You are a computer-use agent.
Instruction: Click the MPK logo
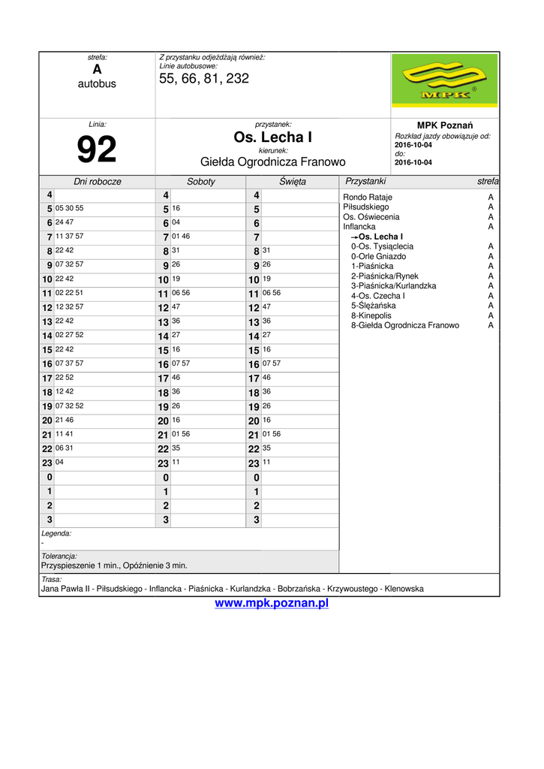[445, 81]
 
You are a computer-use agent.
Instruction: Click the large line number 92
[97, 149]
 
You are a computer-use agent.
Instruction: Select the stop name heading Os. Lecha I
[272, 137]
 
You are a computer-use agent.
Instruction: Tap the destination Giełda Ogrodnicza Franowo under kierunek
[272, 161]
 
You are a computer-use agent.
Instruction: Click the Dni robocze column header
[97, 182]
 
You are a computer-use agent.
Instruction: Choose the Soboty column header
[200, 182]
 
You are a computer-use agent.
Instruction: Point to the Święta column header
[292, 182]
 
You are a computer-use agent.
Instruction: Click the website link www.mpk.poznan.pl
[272, 604]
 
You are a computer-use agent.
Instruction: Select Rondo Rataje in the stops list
[368, 198]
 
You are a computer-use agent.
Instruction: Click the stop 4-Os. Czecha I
[378, 296]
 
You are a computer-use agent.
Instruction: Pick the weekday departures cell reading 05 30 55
[70, 208]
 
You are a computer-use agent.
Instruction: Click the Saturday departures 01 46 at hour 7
[181, 237]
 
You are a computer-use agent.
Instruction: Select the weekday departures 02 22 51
[70, 293]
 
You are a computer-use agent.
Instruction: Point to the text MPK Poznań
[444, 125]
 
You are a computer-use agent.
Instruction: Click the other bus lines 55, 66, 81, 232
[204, 78]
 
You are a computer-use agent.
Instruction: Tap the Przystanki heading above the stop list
[365, 182]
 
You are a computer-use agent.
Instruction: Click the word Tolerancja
[59, 556]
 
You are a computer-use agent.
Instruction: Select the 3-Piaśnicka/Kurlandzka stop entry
[393, 286]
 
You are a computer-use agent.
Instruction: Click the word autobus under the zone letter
[97, 84]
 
